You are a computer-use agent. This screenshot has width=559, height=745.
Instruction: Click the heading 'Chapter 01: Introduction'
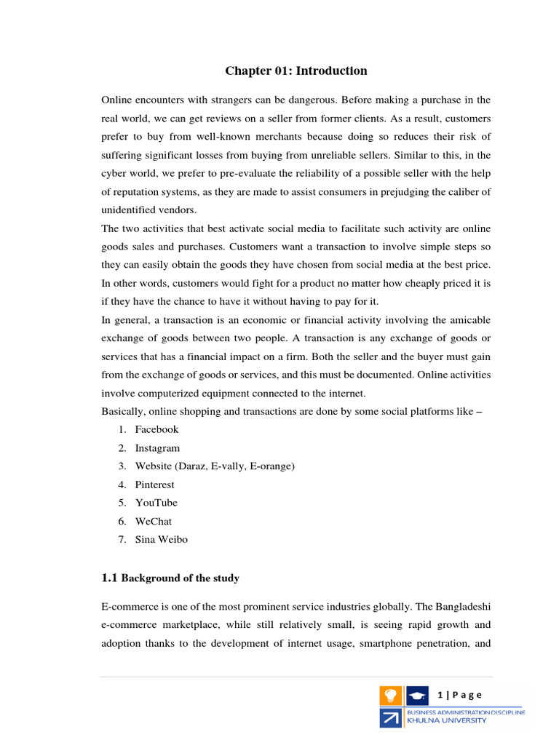click(296, 71)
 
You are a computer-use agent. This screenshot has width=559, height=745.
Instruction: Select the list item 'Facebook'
click(156, 429)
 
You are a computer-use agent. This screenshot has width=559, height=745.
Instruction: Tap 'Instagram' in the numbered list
click(157, 448)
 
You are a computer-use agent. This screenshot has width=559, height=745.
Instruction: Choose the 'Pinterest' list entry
click(154, 485)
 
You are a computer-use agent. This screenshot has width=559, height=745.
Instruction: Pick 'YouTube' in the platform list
click(156, 503)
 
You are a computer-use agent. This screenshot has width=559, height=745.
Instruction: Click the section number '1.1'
click(109, 578)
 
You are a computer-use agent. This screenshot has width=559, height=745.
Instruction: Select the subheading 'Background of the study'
click(180, 578)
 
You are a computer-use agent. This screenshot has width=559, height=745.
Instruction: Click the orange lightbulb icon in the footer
click(389, 696)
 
